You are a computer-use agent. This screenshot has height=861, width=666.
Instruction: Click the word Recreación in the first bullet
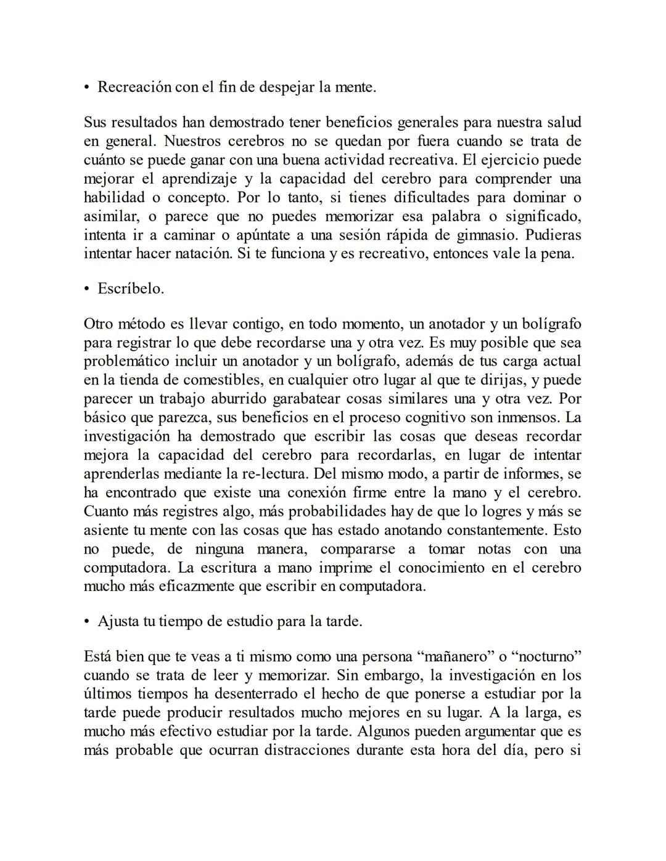coord(134,87)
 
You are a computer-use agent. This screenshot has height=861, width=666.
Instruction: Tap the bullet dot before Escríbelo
coord(87,289)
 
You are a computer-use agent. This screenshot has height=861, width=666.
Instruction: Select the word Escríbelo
coord(131,288)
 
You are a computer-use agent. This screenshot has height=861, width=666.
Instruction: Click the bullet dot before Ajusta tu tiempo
coord(87,622)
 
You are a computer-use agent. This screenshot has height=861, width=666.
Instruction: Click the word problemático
coord(131,361)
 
